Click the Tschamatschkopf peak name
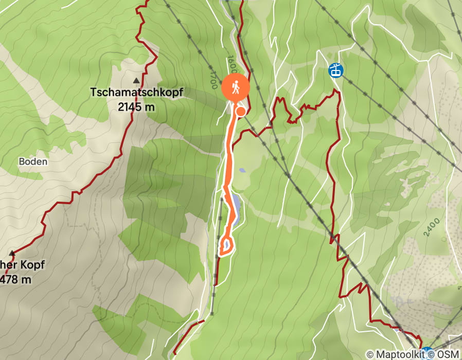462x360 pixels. (137, 93)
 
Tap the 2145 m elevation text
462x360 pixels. (136, 107)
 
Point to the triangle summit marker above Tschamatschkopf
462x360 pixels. (136, 80)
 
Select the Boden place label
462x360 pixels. (33, 161)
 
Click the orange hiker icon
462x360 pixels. (236, 88)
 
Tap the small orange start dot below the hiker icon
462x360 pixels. (240, 111)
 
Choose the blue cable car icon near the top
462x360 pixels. (335, 70)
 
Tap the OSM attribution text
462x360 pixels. (448, 354)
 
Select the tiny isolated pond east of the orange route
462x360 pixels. (242, 170)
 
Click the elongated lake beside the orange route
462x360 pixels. (235, 208)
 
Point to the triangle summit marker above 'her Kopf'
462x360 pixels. (12, 253)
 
